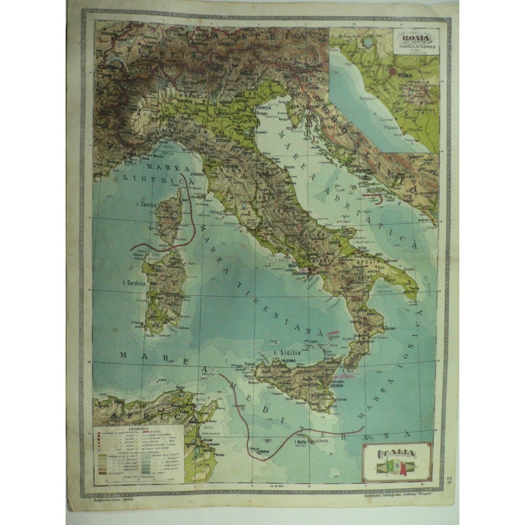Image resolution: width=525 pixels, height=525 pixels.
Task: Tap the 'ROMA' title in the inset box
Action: pyautogui.click(x=415, y=39)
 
